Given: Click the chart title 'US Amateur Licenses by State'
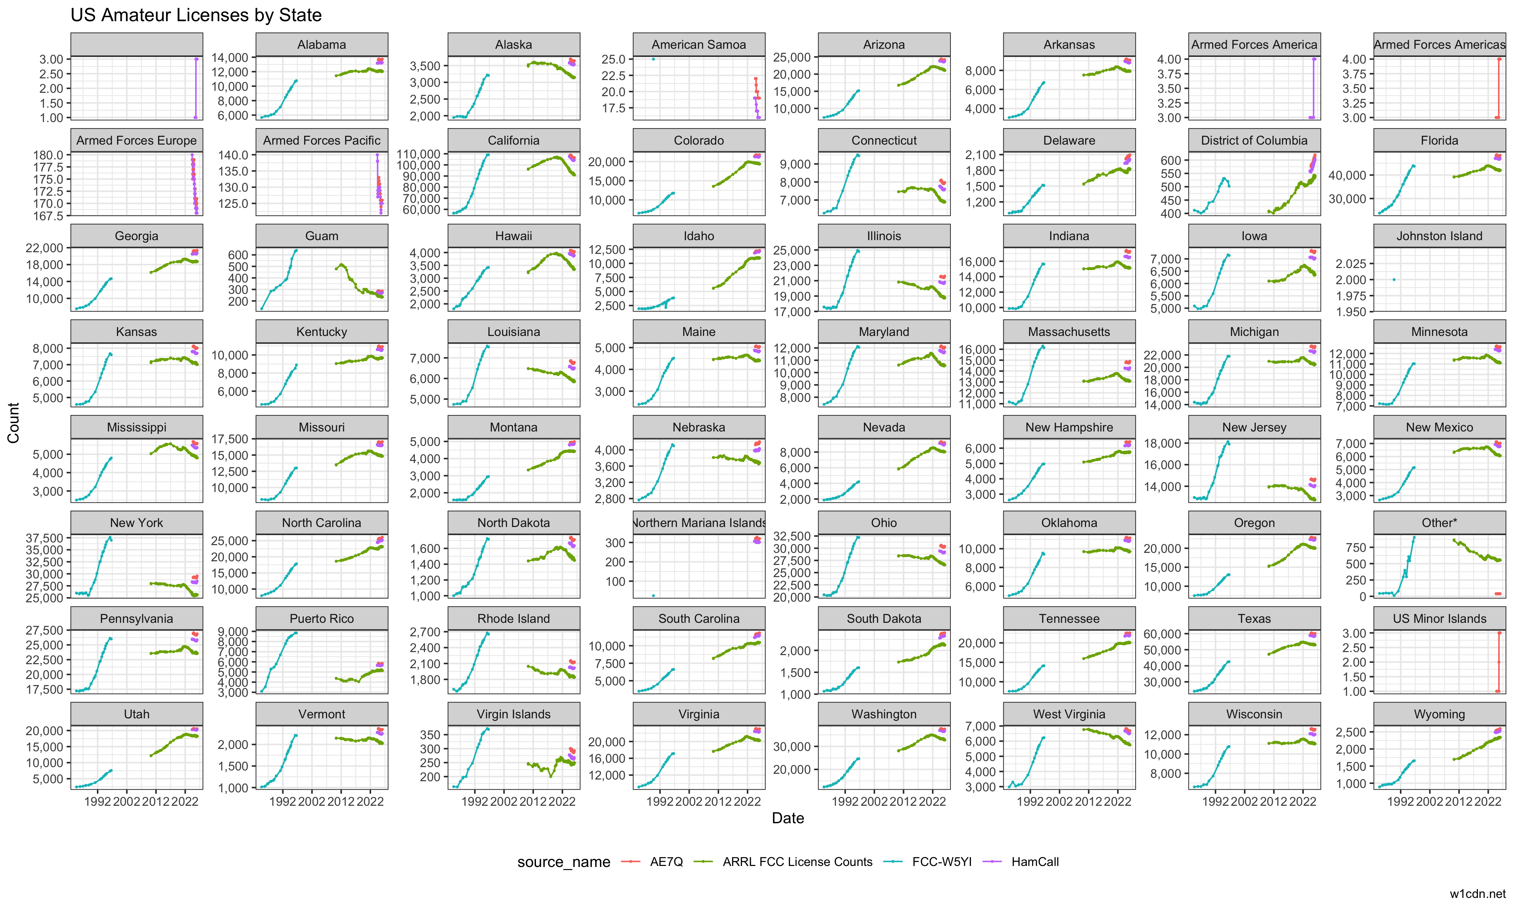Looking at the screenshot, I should pyautogui.click(x=196, y=15).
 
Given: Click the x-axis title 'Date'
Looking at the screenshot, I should pyautogui.click(x=788, y=818).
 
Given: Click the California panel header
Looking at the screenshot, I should pyautogui.click(x=513, y=140).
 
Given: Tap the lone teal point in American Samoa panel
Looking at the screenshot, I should pyautogui.click(x=654, y=59).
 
